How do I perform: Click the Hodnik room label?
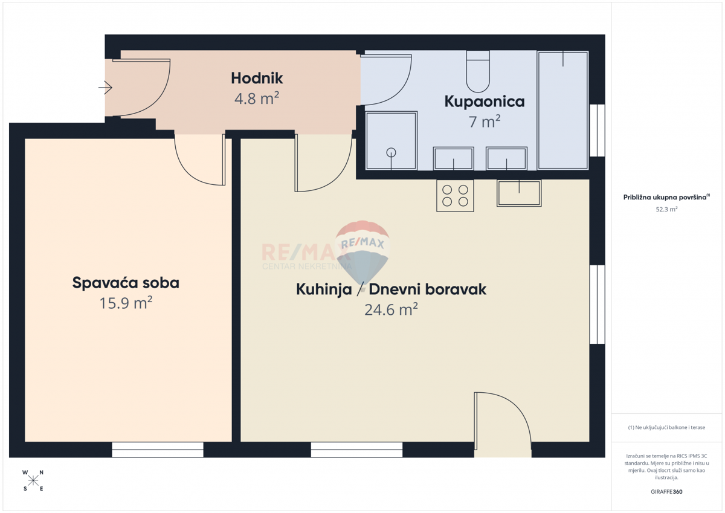(257, 79)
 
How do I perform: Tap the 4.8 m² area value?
(257, 98)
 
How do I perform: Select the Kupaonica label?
(484, 102)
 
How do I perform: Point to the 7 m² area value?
(485, 121)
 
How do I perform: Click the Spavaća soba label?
(126, 283)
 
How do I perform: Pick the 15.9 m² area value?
(126, 303)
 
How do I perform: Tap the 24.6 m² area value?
(391, 309)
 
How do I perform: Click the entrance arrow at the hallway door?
(105, 88)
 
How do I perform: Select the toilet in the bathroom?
(478, 71)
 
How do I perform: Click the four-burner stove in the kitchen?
(455, 196)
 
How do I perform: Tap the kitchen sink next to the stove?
(519, 193)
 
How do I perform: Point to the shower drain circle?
(391, 152)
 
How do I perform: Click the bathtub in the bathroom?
(563, 111)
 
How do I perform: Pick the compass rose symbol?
(33, 480)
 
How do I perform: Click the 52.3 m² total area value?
(666, 210)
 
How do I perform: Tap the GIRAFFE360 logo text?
(666, 492)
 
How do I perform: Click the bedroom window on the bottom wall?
(158, 450)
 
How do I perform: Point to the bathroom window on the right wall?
(597, 131)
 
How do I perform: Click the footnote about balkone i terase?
(666, 428)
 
